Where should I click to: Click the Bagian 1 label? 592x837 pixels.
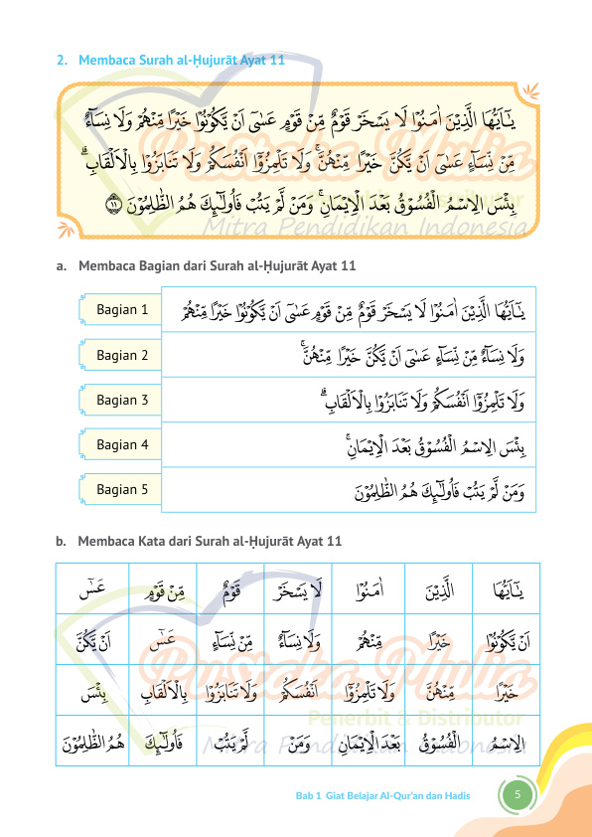(122, 310)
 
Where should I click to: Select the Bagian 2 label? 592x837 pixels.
(122, 355)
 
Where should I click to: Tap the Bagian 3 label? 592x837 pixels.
(122, 400)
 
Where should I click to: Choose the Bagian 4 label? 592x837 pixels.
(122, 444)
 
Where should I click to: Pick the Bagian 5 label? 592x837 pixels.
(122, 489)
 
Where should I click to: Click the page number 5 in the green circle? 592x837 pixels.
(518, 795)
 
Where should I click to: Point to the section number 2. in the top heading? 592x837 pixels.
(62, 61)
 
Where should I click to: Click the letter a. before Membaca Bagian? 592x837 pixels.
(62, 265)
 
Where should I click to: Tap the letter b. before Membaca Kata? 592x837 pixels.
(62, 541)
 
